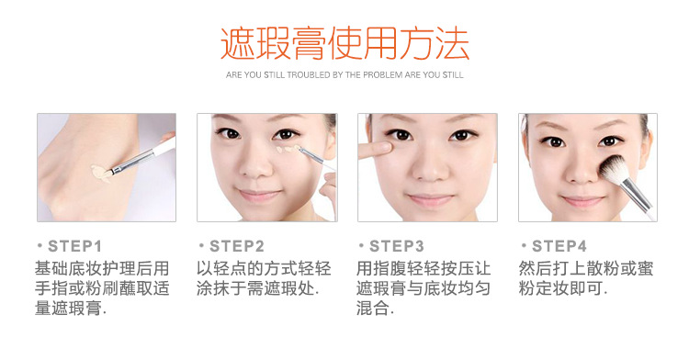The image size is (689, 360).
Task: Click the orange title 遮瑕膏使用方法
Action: (x=344, y=43)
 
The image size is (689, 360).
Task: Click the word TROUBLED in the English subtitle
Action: (x=309, y=75)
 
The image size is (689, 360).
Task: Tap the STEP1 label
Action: (x=74, y=246)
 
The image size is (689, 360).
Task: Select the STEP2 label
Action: (x=237, y=246)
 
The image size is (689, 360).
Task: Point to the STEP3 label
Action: (x=397, y=246)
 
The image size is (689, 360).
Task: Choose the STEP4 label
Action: (x=559, y=246)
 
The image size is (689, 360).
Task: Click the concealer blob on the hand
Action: (x=101, y=173)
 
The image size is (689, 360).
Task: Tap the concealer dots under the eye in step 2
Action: (x=288, y=150)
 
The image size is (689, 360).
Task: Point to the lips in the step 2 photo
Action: (x=258, y=195)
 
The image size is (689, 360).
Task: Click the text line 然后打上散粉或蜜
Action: (x=586, y=268)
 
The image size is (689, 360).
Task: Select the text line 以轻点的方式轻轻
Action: (x=264, y=268)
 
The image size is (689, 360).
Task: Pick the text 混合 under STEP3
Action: (x=373, y=308)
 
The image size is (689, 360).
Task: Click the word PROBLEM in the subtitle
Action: (x=383, y=75)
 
